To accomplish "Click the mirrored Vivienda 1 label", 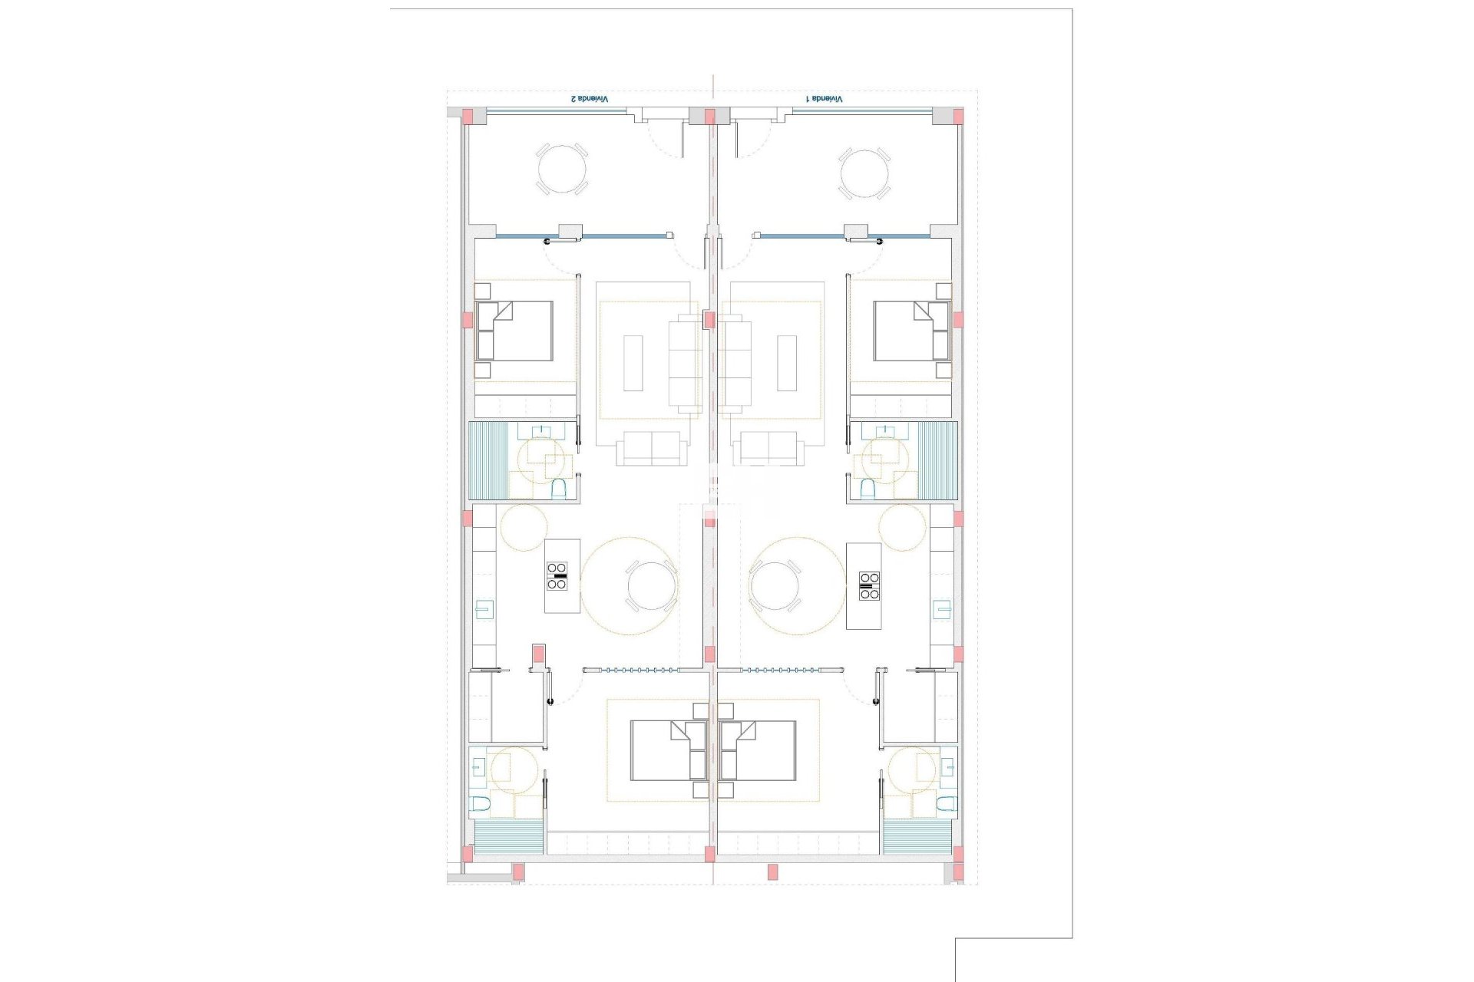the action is click(824, 99).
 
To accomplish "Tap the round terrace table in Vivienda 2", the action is click(561, 169).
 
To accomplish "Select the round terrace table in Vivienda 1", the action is click(864, 173).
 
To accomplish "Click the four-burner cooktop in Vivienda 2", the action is click(557, 575).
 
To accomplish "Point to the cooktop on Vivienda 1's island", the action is click(869, 585).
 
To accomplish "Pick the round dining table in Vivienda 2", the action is click(652, 586).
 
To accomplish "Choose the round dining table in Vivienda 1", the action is click(775, 586).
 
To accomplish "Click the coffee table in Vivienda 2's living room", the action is click(633, 363).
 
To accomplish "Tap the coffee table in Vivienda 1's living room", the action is click(788, 363).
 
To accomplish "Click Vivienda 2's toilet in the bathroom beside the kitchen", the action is click(559, 489).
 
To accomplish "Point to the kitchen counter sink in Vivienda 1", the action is click(942, 609).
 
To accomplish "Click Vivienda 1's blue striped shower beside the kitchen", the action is click(937, 460).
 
